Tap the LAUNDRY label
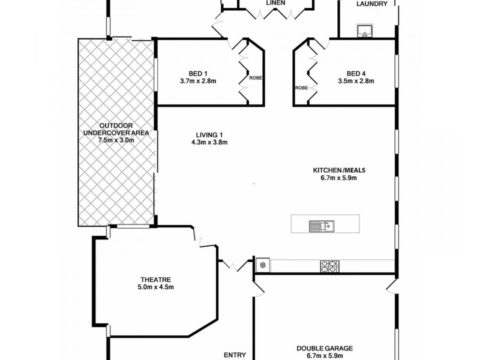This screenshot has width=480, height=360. pos(368,4)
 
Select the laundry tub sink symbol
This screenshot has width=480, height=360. pos(364,31)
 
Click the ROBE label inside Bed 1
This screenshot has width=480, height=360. pos(256,78)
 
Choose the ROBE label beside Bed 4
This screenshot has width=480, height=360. pos(301,88)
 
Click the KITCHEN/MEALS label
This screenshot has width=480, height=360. pos(339,169)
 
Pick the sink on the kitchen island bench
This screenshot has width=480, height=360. pos(322,226)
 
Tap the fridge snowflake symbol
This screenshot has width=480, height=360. pos(262,265)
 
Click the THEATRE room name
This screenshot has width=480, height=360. pos(156,280)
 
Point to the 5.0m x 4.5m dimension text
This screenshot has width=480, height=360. pos(156,287)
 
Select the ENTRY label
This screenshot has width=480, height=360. pos(235,355)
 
